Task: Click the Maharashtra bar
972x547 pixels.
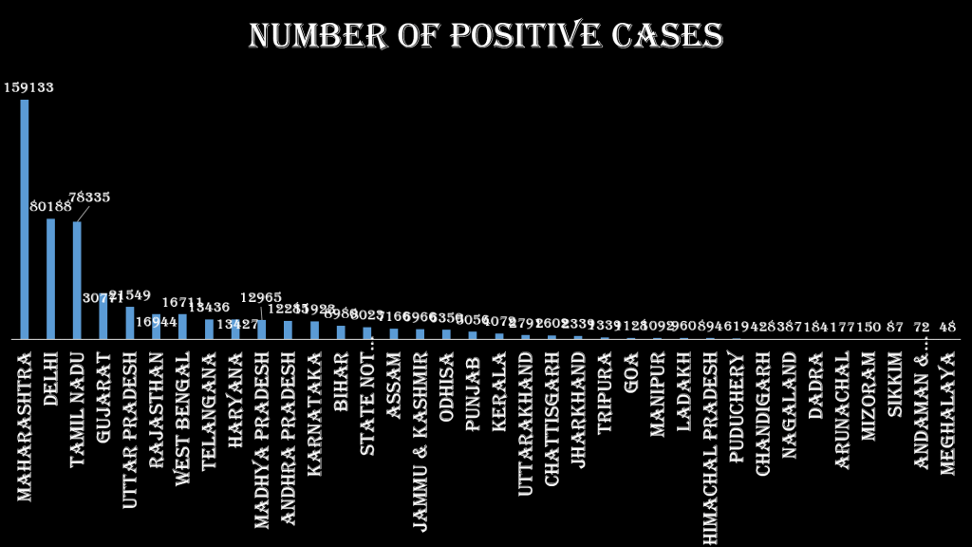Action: [25, 218]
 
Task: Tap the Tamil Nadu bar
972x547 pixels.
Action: [77, 280]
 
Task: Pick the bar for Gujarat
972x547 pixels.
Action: [103, 316]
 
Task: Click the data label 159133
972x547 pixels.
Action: [28, 87]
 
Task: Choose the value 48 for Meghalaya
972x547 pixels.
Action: [947, 327]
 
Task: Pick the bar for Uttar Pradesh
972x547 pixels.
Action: [129, 323]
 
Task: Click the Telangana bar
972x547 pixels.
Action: [209, 329]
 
